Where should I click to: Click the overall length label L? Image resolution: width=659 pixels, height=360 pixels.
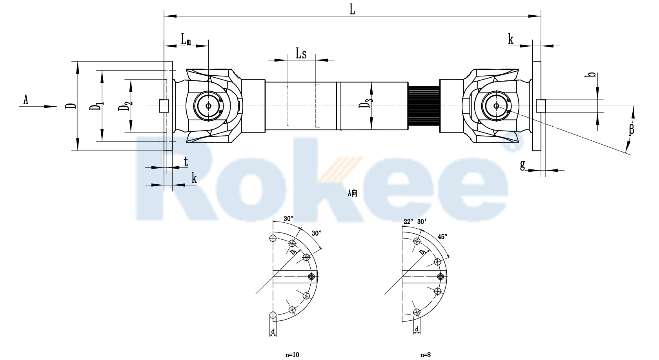pyautogui.click(x=353, y=10)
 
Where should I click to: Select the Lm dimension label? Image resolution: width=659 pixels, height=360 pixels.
pyautogui.click(x=186, y=39)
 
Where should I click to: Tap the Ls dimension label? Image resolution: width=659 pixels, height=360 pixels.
pyautogui.click(x=301, y=54)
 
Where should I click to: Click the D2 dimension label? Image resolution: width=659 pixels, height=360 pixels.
pyautogui.click(x=125, y=107)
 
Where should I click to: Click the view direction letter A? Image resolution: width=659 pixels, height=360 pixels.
pyautogui.click(x=26, y=100)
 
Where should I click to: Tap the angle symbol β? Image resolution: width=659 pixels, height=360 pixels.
pyautogui.click(x=632, y=129)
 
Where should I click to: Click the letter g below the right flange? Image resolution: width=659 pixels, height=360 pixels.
pyautogui.click(x=522, y=165)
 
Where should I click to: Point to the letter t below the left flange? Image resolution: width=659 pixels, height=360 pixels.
pyautogui.click(x=186, y=162)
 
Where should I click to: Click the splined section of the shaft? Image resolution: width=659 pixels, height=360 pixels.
pyautogui.click(x=424, y=106)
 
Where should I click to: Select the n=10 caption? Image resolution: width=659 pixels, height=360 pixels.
pyautogui.click(x=292, y=355)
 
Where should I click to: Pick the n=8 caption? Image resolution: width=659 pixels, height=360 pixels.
pyautogui.click(x=425, y=355)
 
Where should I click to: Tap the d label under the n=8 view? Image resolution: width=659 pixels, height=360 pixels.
pyautogui.click(x=417, y=329)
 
